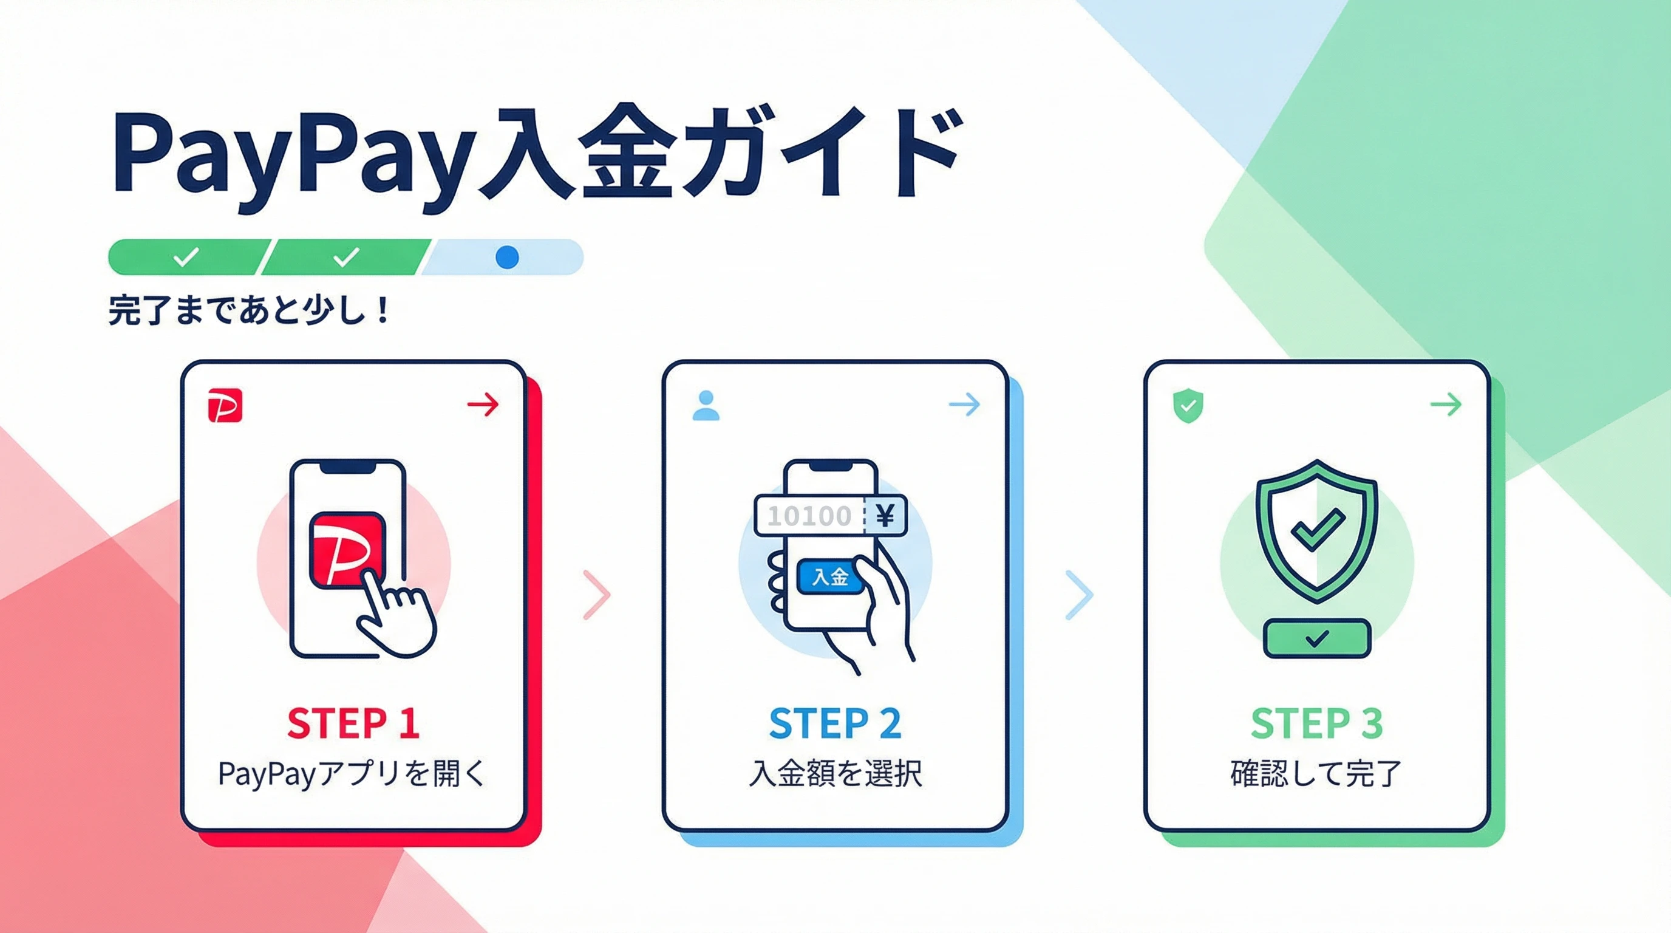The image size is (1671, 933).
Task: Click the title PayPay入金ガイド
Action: (x=535, y=155)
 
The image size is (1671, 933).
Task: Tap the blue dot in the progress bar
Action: (x=506, y=258)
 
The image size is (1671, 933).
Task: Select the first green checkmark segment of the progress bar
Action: (x=187, y=258)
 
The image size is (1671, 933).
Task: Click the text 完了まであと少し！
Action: (x=249, y=310)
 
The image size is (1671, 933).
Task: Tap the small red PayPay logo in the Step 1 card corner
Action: (x=225, y=406)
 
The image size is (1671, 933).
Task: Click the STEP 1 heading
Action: (x=353, y=723)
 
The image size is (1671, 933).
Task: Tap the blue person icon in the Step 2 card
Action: (x=706, y=406)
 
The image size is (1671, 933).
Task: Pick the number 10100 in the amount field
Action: (x=809, y=516)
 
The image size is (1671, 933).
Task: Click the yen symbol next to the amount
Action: (x=885, y=516)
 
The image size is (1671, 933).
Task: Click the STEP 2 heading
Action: (x=836, y=723)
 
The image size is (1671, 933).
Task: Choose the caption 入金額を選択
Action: (x=836, y=773)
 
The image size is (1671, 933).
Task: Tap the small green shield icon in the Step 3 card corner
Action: (x=1188, y=407)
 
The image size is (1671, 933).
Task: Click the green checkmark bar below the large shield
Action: (x=1317, y=638)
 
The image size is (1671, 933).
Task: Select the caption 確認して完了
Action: (x=1316, y=773)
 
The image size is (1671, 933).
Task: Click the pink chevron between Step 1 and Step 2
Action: (x=597, y=594)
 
